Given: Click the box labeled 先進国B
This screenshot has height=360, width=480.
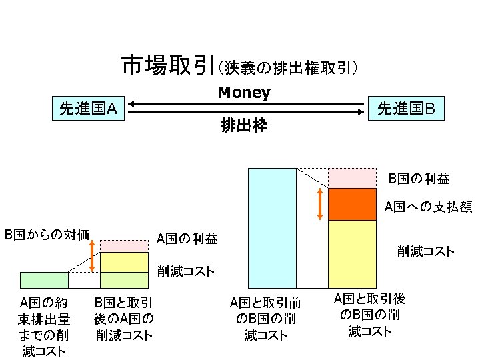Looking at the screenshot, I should pos(406,107).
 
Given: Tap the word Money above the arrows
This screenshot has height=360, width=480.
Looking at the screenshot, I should pos(244,93).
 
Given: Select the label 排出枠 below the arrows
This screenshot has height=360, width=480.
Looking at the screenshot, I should pos(244,125).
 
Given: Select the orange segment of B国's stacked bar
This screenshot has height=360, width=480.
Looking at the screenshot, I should pos(353,204).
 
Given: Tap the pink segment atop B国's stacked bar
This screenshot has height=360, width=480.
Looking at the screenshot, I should pos(353,178).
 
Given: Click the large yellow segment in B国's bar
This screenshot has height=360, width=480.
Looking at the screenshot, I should pos(353,253).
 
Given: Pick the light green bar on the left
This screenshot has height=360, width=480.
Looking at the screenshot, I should pos(45,279).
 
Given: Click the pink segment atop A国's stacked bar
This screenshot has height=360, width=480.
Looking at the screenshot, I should pos(123,245).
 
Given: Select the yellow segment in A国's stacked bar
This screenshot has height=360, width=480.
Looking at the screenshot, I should pos(123,262).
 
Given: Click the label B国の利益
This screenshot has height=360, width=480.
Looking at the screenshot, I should pos(419,179).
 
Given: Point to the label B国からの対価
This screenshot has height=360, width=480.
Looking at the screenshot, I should pos(47,234).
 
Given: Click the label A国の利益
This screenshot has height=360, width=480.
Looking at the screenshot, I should pos(187,238).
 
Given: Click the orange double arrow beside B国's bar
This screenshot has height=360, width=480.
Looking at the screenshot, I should pos(321,203).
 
